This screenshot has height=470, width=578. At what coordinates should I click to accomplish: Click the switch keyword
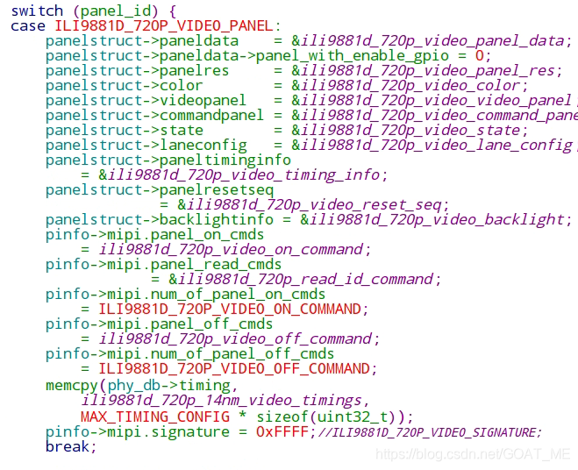37,11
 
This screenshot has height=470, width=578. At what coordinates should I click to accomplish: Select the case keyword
28,25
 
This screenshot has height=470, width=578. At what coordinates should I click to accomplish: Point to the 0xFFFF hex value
282,432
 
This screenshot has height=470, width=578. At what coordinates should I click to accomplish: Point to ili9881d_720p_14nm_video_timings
219,400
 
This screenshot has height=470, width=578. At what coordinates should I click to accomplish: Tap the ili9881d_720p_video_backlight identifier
436,219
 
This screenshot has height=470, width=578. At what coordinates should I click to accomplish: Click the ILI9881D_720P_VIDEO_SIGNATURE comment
430,432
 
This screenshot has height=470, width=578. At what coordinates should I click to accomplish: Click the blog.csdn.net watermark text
473,454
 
